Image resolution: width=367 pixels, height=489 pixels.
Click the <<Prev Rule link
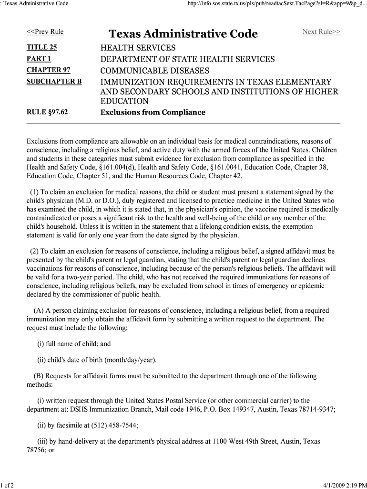(45, 32)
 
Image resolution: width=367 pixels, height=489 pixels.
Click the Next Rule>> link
(321, 32)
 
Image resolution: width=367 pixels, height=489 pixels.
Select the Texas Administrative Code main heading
(183, 34)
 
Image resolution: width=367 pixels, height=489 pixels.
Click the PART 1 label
(39, 59)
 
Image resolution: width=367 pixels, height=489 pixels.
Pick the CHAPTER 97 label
(48, 70)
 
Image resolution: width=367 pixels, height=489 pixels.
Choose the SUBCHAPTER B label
(54, 82)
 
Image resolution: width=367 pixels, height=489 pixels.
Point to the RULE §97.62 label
(47, 112)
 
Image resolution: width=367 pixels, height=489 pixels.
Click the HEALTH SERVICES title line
(138, 48)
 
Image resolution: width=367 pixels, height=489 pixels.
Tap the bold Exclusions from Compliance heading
(153, 113)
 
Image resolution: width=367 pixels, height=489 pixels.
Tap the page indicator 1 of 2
(7, 485)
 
